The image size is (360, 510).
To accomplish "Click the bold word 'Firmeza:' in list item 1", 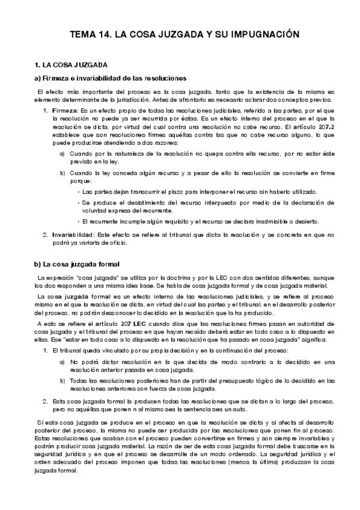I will point(66,111).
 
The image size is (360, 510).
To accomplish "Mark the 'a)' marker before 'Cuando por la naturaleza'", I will point(63,155).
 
